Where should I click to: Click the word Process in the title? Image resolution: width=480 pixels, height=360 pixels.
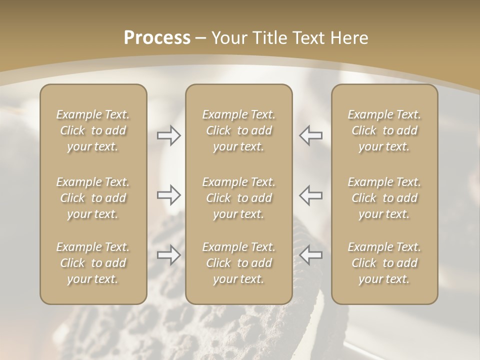[x=157, y=38]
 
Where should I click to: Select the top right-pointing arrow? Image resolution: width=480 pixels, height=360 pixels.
[x=169, y=135]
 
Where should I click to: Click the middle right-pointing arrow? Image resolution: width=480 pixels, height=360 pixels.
[x=169, y=195]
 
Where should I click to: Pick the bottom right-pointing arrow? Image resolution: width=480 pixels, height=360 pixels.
[x=169, y=255]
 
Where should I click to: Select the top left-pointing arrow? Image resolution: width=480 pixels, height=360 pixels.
[x=311, y=135]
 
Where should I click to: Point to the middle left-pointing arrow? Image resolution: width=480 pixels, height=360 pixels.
[x=311, y=195]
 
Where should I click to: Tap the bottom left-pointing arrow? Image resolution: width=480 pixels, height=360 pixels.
[x=311, y=255]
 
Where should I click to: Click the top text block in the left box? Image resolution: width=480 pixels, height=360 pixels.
[x=93, y=130]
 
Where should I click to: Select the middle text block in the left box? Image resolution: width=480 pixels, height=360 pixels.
[x=93, y=198]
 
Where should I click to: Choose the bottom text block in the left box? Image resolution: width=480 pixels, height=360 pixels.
[x=93, y=263]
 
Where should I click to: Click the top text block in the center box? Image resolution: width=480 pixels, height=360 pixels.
[x=239, y=130]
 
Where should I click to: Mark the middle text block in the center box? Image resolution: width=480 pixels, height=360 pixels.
[x=239, y=198]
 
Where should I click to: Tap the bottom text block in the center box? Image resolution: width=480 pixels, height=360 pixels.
[x=239, y=263]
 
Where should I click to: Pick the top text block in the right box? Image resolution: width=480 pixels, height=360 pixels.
[x=384, y=130]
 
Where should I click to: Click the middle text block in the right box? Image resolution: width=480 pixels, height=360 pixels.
[x=384, y=198]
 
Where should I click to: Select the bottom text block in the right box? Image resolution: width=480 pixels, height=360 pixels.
[x=384, y=263]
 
